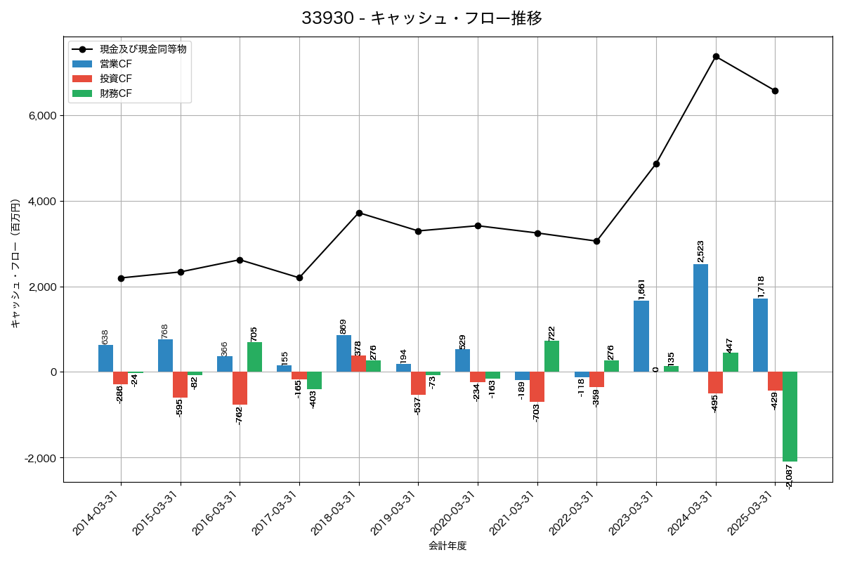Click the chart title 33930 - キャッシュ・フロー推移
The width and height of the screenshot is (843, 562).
click(421, 18)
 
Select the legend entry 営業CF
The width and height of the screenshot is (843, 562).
click(116, 64)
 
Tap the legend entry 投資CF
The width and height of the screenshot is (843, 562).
click(116, 79)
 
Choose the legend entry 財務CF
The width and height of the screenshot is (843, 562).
click(116, 93)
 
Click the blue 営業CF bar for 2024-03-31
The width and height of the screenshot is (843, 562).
click(700, 318)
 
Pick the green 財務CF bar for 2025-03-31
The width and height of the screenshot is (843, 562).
click(790, 417)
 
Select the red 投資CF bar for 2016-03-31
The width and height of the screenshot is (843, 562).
click(240, 388)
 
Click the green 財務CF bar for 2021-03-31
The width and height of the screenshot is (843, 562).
click(551, 357)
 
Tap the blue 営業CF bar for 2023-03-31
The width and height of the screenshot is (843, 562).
click(641, 336)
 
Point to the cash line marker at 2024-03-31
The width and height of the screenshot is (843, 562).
click(716, 56)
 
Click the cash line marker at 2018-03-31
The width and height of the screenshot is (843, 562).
click(359, 213)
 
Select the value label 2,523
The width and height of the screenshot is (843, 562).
click(700, 251)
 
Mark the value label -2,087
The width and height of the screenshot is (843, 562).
click(790, 476)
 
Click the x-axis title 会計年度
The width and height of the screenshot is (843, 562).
click(447, 546)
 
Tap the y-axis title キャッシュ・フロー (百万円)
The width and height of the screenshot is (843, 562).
click(15, 263)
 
